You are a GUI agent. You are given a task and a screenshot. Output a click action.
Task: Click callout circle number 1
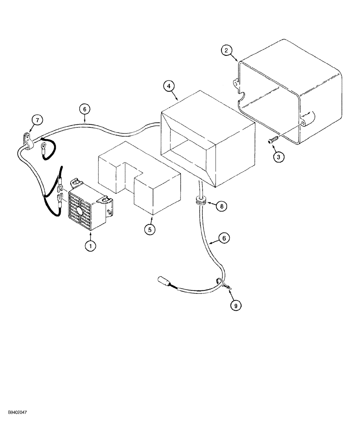click(90, 246)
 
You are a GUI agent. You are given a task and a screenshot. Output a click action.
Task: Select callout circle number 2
click(228, 51)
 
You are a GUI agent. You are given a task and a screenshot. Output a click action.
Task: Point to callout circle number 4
click(169, 85)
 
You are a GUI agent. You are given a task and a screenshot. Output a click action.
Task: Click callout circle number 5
click(149, 230)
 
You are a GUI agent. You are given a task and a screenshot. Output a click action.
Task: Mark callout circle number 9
click(234, 305)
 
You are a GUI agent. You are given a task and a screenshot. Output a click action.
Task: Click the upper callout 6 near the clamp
click(84, 109)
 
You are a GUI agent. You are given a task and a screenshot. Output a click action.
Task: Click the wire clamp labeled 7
click(28, 141)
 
